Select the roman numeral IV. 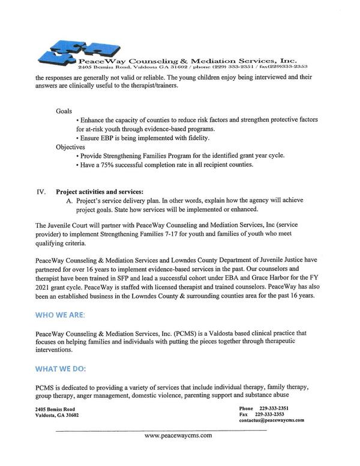[x=41, y=192]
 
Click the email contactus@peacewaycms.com [x=271, y=420]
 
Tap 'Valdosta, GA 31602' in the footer [x=58, y=414]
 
